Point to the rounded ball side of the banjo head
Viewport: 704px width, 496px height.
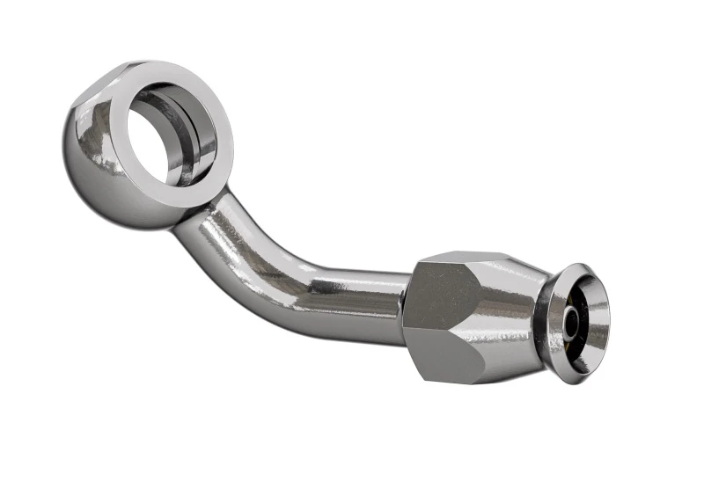(97, 167)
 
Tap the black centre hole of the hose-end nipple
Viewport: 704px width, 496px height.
(574, 323)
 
